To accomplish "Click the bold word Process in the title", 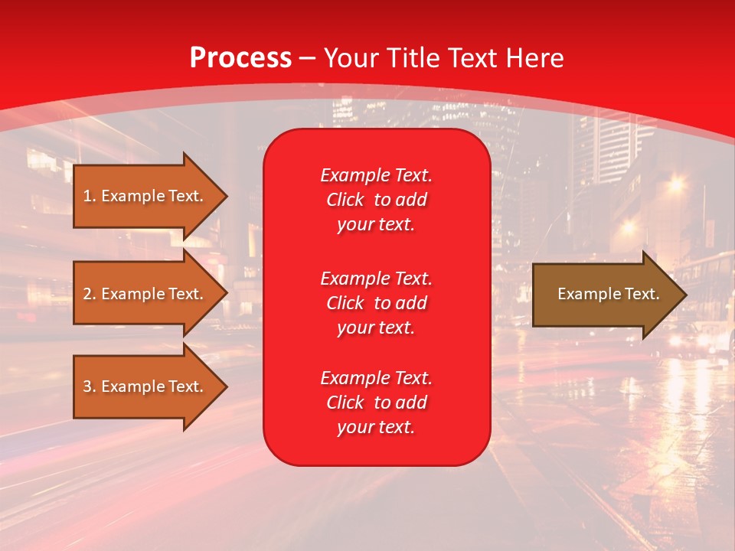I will click(x=240, y=58).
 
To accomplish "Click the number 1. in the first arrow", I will click(x=89, y=196).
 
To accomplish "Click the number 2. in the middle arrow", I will click(x=89, y=294).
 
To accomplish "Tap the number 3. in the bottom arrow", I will click(x=89, y=386).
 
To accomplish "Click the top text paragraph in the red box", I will click(x=376, y=200).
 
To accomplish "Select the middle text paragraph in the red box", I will click(x=376, y=303).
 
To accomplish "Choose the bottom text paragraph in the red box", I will click(x=376, y=403).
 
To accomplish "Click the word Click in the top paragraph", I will click(x=345, y=201).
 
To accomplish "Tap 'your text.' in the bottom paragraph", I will click(x=376, y=428).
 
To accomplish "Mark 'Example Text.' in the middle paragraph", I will click(x=376, y=278).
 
